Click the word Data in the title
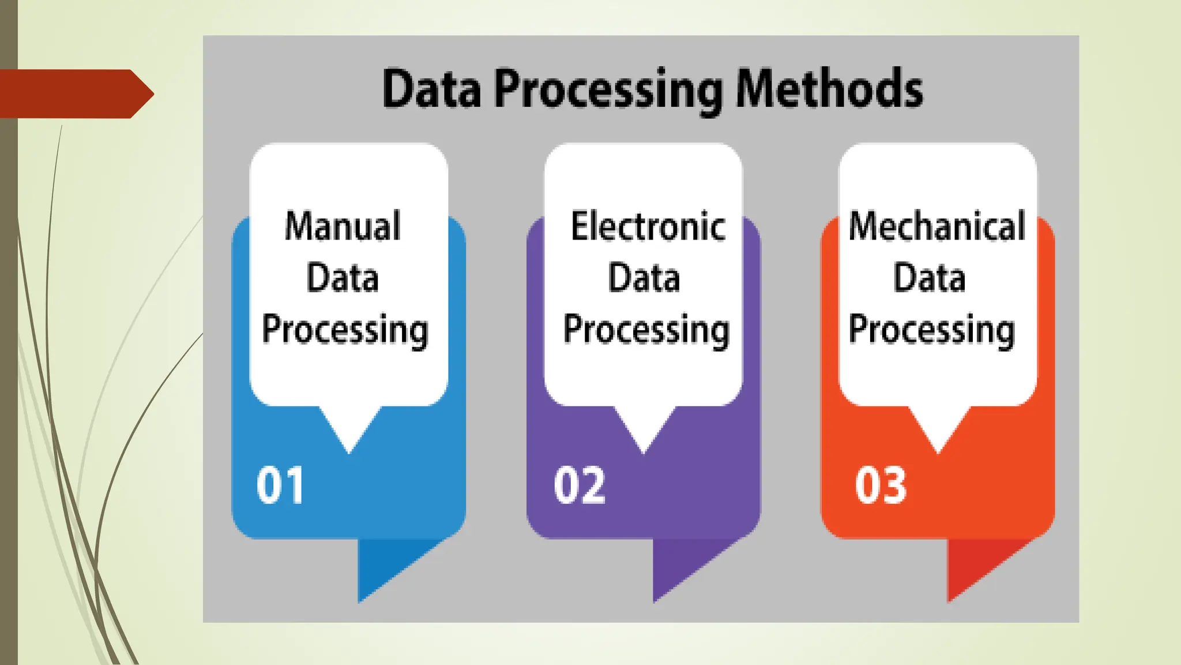tap(431, 89)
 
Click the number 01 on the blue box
tap(280, 485)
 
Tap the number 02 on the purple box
tap(580, 485)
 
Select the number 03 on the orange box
tap(881, 485)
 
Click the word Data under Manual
tap(343, 278)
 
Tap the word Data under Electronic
tap(644, 278)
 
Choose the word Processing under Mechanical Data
tap(931, 330)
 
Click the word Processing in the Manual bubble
tap(345, 330)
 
